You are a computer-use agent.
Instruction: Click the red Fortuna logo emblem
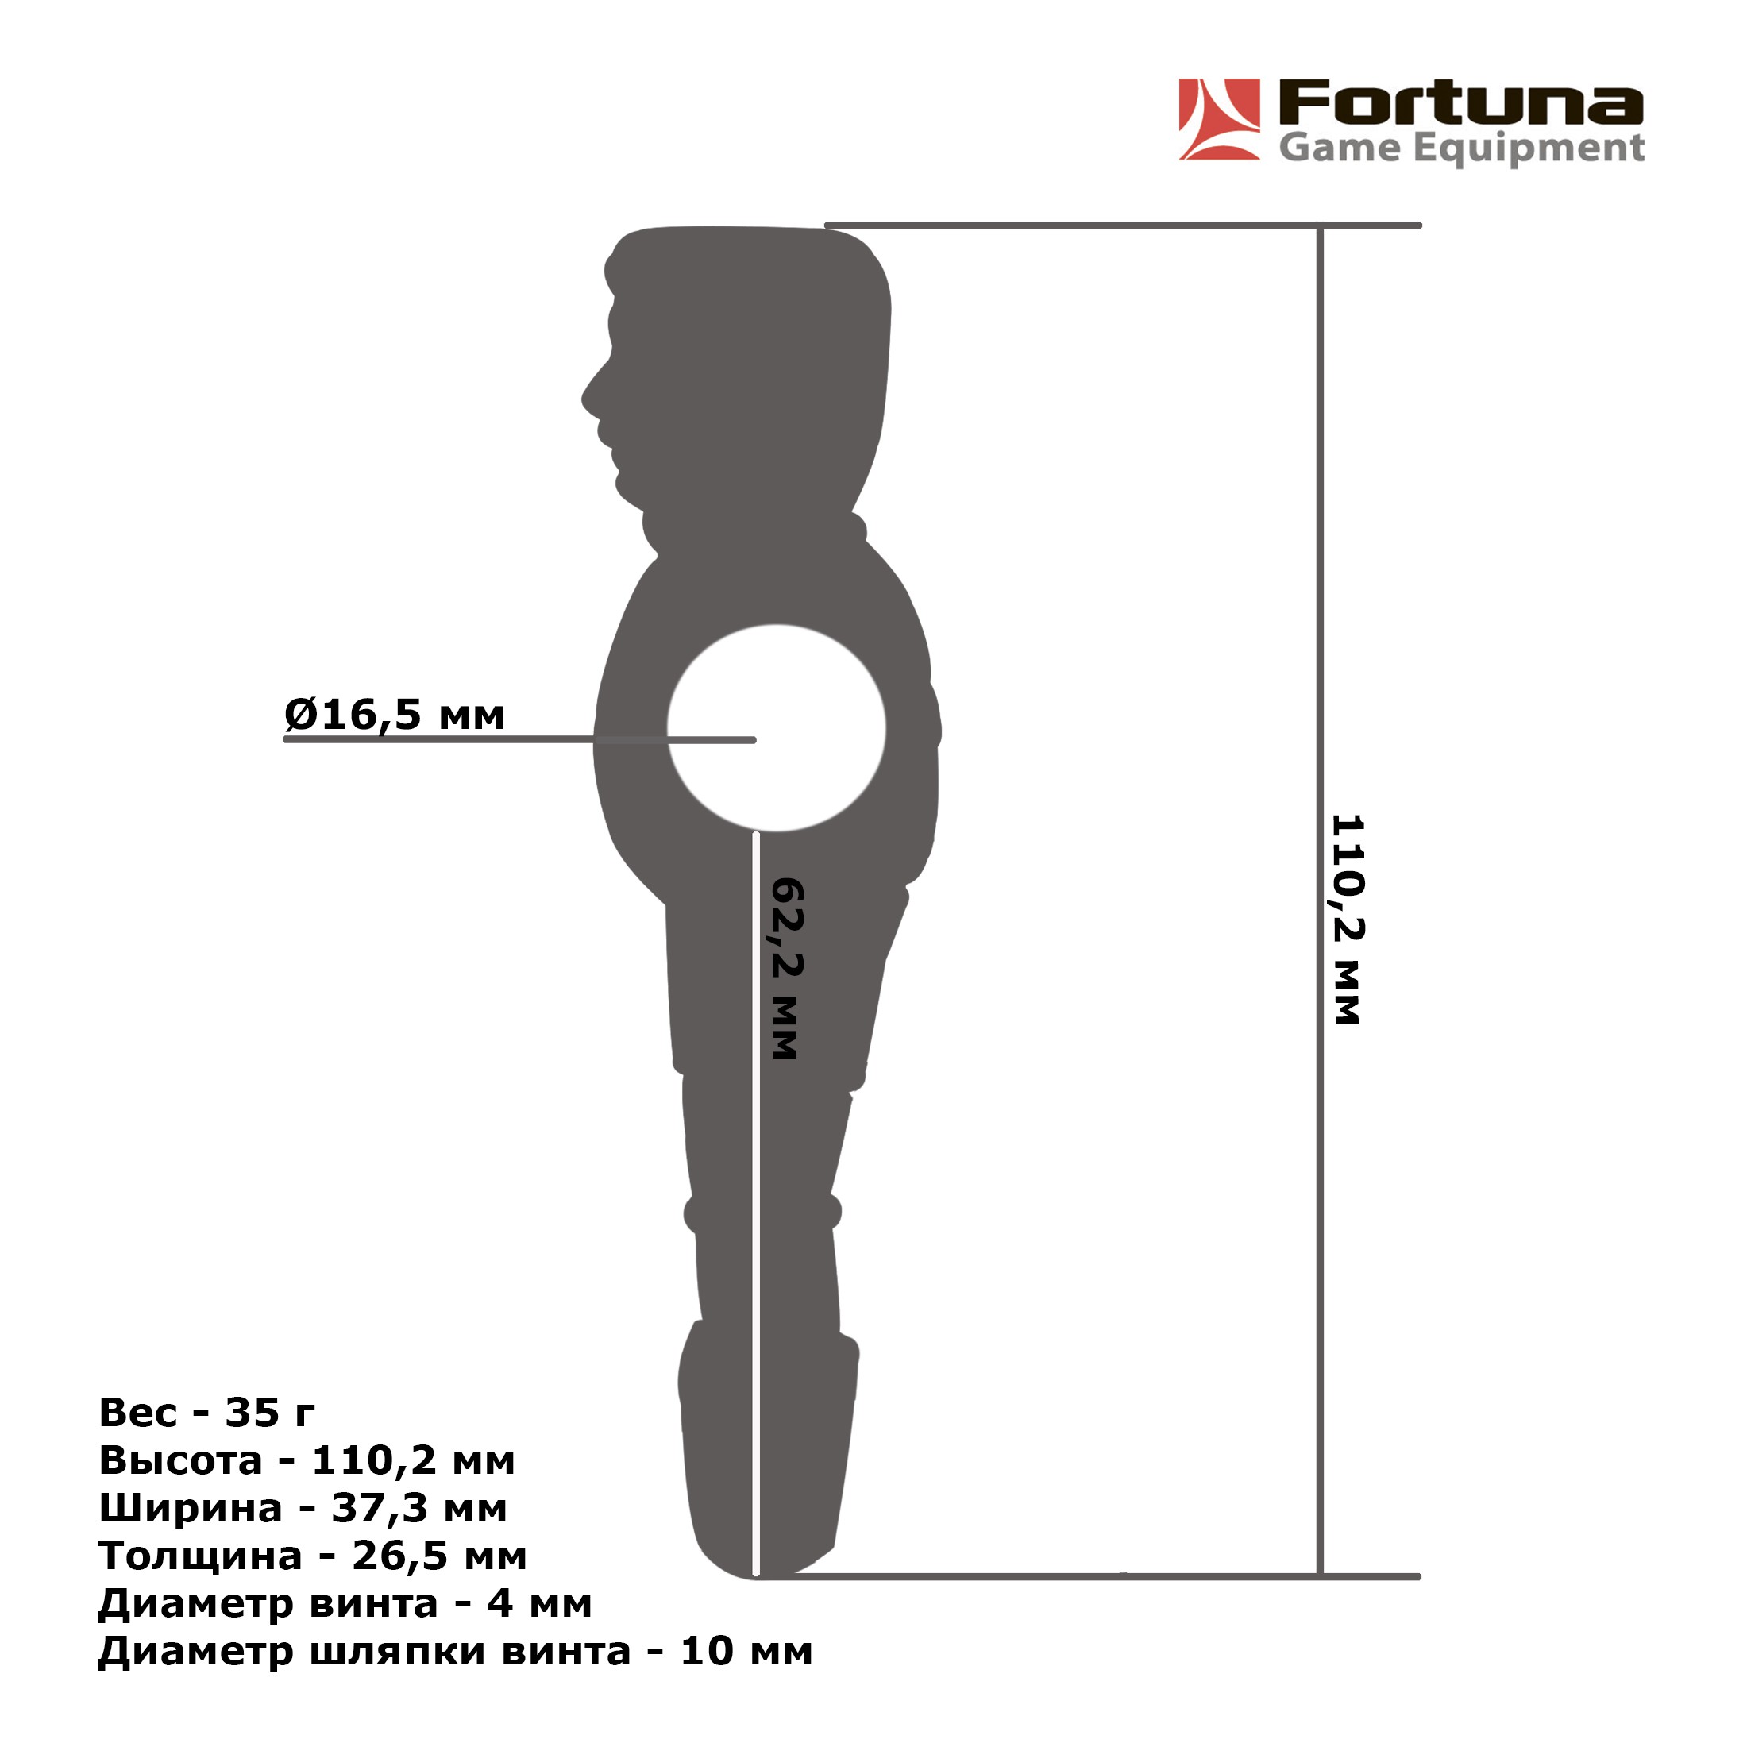pyautogui.click(x=1219, y=119)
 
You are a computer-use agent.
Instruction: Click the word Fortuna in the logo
pyautogui.click(x=1460, y=103)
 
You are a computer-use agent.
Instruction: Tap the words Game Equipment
pyautogui.click(x=1461, y=148)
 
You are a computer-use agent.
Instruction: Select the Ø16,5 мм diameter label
pyautogui.click(x=394, y=715)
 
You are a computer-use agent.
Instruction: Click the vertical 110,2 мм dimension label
pyautogui.click(x=1347, y=920)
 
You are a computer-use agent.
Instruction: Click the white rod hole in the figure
pyautogui.click(x=776, y=728)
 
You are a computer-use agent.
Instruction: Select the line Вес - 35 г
pyautogui.click(x=207, y=1413)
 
